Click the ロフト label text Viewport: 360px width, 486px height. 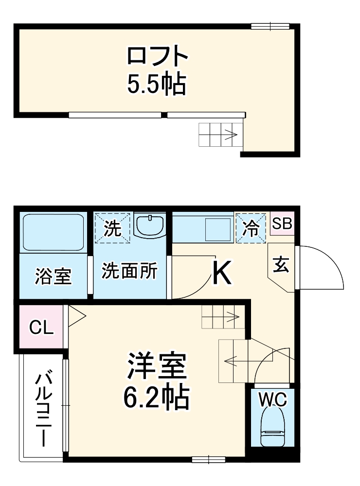pos(157,57)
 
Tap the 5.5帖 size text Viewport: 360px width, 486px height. pos(157,85)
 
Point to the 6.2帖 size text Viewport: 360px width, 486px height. pos(157,398)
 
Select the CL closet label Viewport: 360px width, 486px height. pos(41,328)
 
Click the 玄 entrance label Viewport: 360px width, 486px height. pos(280,265)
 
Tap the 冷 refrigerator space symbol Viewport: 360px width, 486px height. pos(251,227)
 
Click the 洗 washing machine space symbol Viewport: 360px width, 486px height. pos(113,227)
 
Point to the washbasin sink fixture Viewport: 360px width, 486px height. pos(150,226)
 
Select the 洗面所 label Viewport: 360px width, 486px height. pos(129,271)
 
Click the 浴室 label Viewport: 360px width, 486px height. pos(53,276)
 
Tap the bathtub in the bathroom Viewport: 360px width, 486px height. pos(53,232)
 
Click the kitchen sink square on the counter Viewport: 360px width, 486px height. pos(217,229)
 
